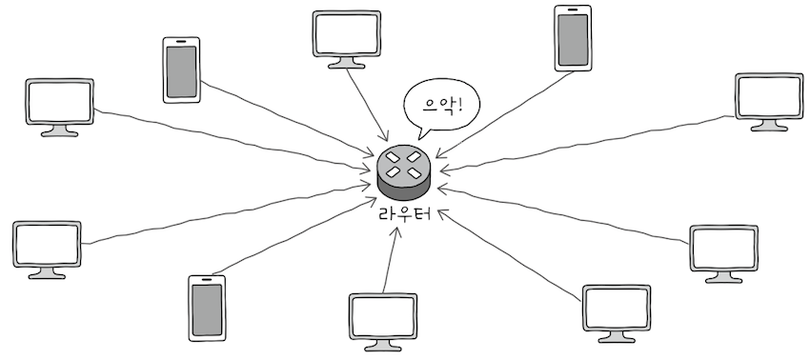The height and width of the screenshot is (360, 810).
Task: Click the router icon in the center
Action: (405, 170)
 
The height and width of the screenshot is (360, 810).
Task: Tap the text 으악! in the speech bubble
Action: (440, 102)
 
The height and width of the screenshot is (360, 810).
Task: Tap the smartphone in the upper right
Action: (572, 38)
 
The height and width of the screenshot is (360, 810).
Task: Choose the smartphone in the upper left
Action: (181, 70)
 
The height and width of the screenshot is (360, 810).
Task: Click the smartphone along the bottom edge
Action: (206, 308)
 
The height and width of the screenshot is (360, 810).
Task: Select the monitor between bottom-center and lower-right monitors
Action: (616, 308)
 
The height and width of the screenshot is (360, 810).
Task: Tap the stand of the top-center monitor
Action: (346, 62)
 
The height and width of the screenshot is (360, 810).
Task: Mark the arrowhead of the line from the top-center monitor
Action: (385, 140)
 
